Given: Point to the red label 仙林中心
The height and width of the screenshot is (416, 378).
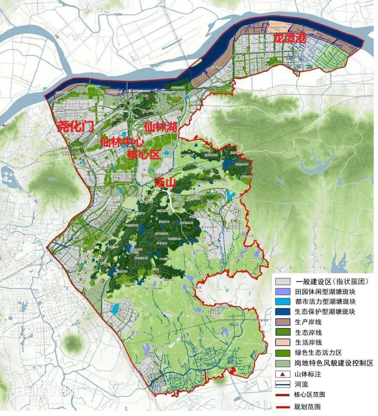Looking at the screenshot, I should coord(122,142).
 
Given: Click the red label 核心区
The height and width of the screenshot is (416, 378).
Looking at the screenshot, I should coord(143,154).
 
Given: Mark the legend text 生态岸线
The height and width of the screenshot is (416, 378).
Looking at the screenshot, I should coord(308,332).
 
